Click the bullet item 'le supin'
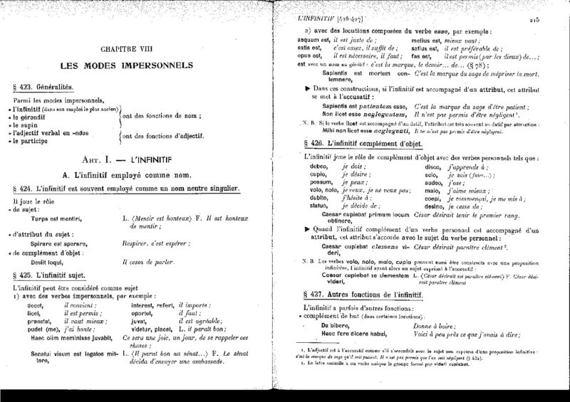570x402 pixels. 31,123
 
